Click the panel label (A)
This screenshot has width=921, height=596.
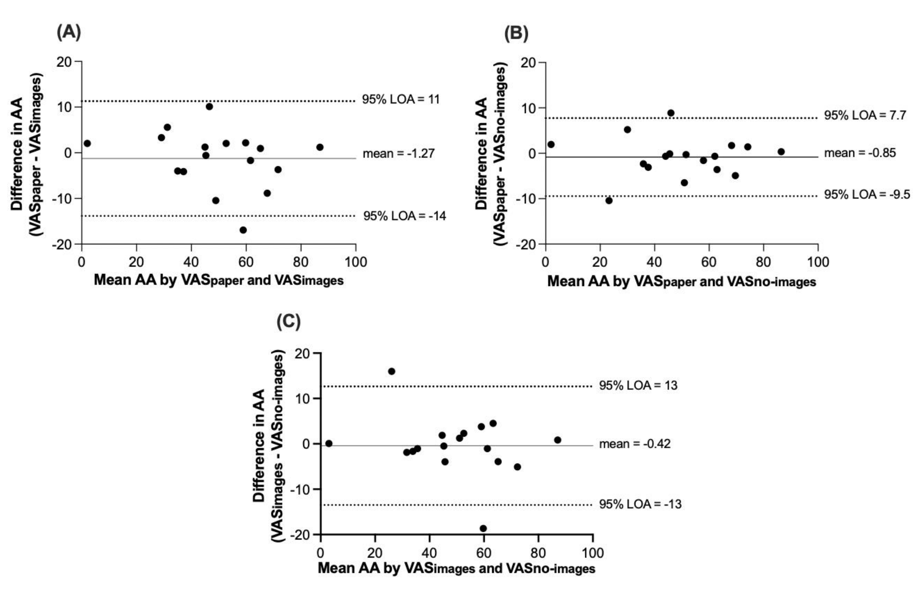pyautogui.click(x=69, y=32)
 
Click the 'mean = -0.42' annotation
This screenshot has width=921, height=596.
pyautogui.click(x=635, y=444)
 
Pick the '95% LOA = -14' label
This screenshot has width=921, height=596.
pyautogui.click(x=404, y=216)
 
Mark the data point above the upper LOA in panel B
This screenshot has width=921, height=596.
pyautogui.click(x=671, y=113)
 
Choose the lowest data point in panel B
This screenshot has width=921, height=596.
pyautogui.click(x=609, y=200)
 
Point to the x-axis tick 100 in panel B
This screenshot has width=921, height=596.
pyautogui.click(x=818, y=262)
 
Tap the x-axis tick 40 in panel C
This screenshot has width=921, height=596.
pyautogui.click(x=429, y=553)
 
